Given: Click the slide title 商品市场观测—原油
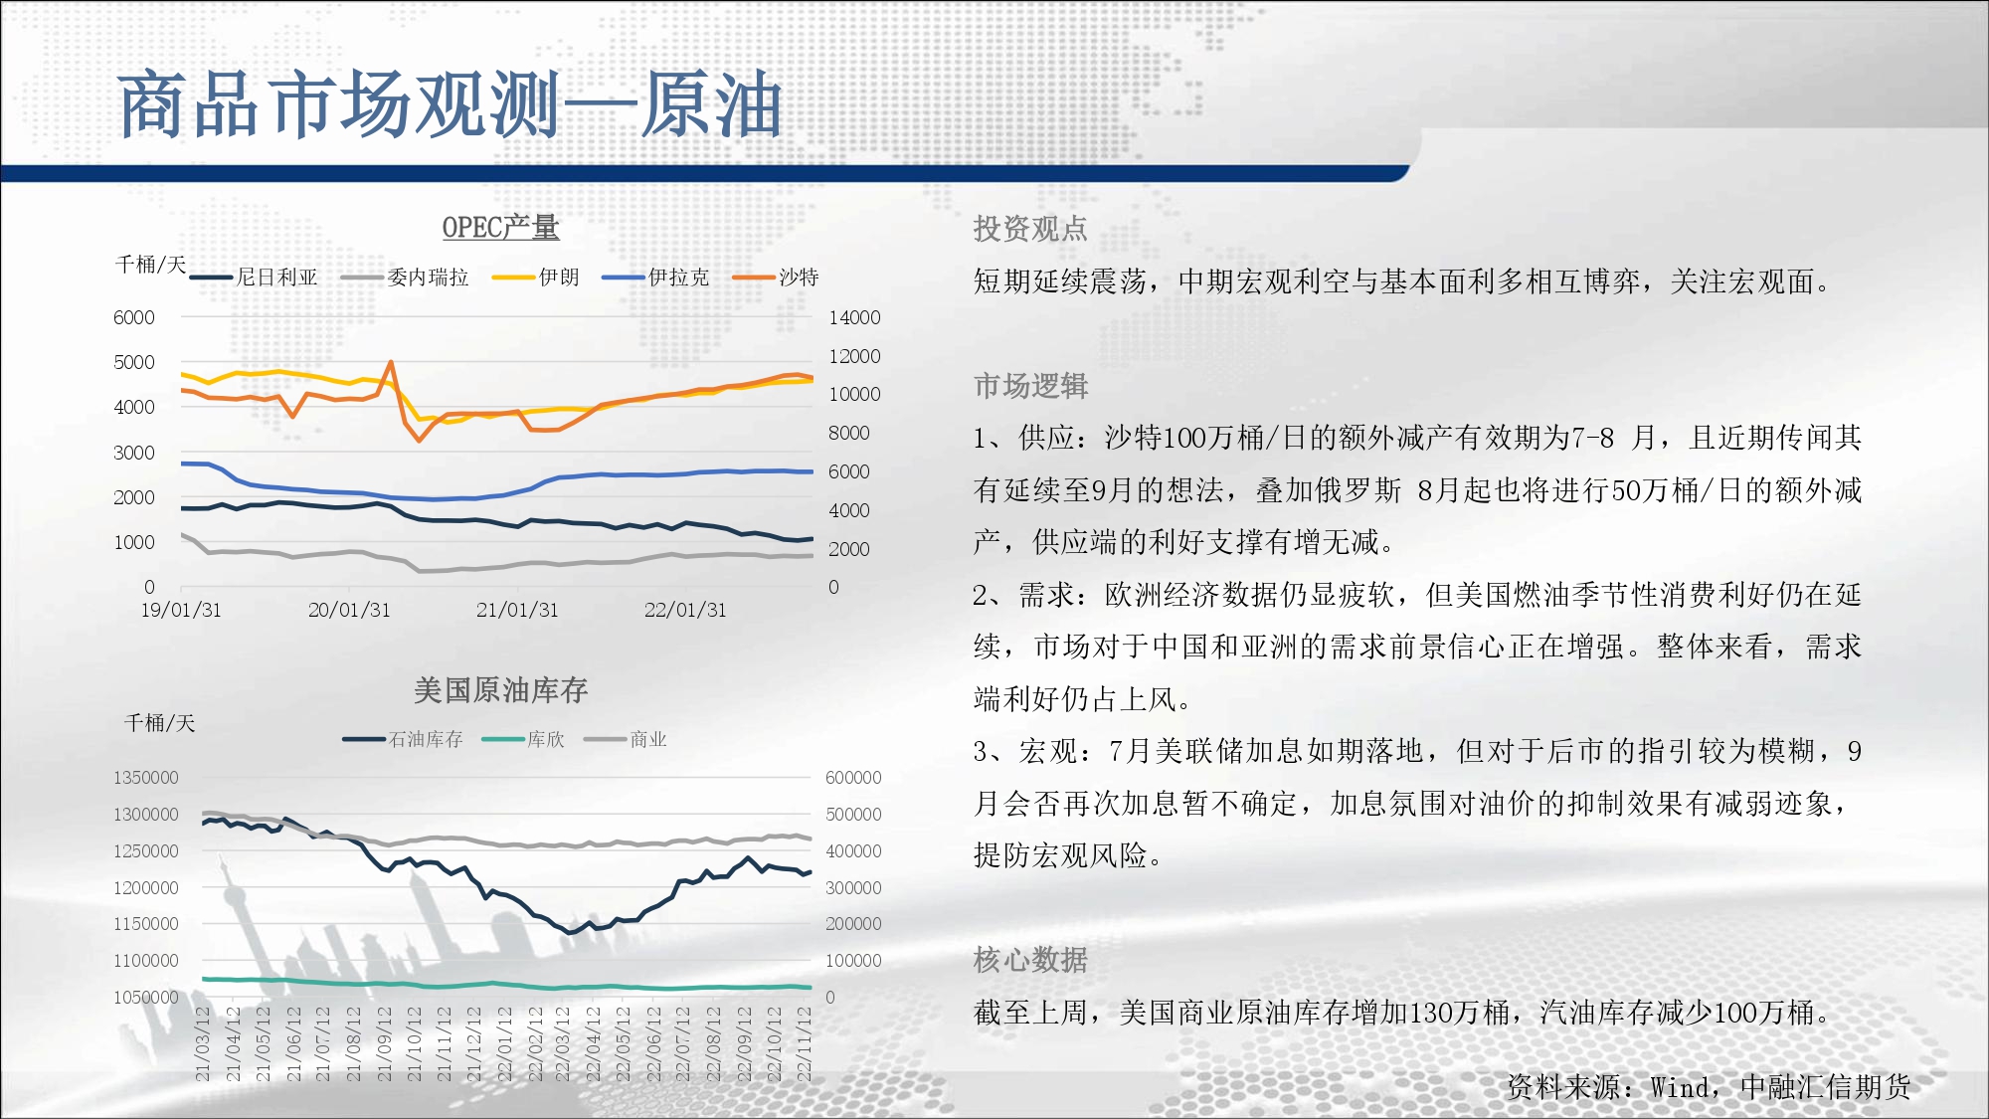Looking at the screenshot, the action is pyautogui.click(x=450, y=104).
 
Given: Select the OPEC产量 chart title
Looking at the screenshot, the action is pyautogui.click(x=500, y=228).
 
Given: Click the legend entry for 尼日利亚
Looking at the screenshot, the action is pyautogui.click(x=254, y=278).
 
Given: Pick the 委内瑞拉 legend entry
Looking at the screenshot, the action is pyautogui.click(x=404, y=278).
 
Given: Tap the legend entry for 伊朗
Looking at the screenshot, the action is pyautogui.click(x=535, y=278).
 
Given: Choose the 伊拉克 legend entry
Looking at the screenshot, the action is pyautogui.click(x=655, y=278).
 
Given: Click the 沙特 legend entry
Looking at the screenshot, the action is pyautogui.click(x=776, y=278).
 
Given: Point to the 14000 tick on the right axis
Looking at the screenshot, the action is pyautogui.click(x=854, y=317).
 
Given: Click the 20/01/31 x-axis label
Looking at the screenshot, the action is pyautogui.click(x=349, y=610).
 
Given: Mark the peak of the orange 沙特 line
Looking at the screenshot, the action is pyautogui.click(x=391, y=362).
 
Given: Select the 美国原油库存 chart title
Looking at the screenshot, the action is pyautogui.click(x=500, y=690).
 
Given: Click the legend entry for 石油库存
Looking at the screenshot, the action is pyautogui.click(x=403, y=739).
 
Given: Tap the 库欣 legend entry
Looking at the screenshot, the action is pyautogui.click(x=523, y=739).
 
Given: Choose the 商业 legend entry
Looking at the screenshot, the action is pyautogui.click(x=626, y=739).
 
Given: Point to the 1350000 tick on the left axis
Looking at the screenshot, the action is pyautogui.click(x=146, y=778).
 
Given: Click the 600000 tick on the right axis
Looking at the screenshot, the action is pyautogui.click(x=853, y=778).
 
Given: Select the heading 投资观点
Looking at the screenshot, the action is pyautogui.click(x=1030, y=229).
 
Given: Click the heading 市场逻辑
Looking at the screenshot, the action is pyautogui.click(x=1030, y=386).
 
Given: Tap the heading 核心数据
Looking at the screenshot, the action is pyautogui.click(x=1030, y=960).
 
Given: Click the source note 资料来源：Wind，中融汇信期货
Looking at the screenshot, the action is pyautogui.click(x=1709, y=1087).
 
